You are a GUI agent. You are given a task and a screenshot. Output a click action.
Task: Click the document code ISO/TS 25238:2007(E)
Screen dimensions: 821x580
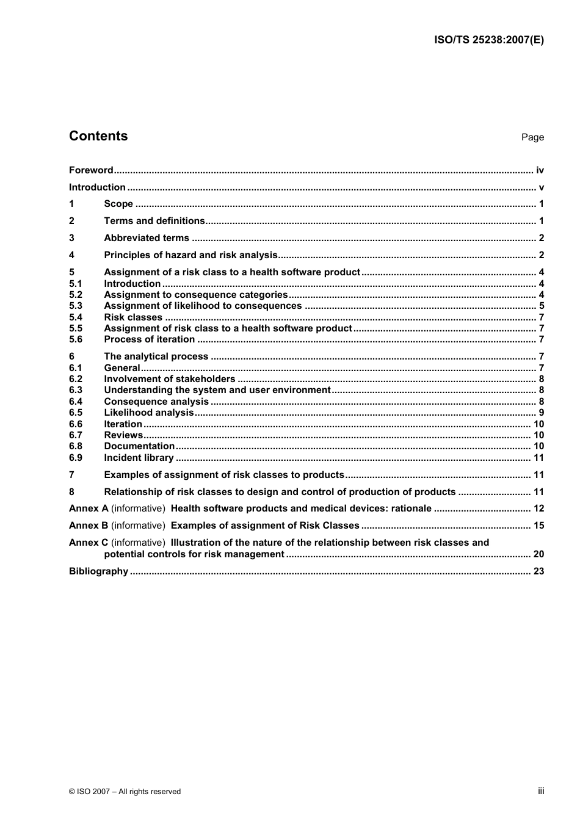488,40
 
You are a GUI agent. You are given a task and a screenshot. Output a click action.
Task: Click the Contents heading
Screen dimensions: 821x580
98,136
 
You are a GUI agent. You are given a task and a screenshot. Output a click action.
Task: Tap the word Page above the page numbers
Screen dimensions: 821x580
532,137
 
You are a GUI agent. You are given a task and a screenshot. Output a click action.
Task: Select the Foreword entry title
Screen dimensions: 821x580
91,170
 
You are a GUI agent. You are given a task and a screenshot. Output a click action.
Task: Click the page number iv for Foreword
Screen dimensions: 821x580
540,170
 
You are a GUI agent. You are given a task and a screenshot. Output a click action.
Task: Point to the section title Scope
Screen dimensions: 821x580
118,204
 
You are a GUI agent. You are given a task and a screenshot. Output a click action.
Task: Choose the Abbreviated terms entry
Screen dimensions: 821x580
147,238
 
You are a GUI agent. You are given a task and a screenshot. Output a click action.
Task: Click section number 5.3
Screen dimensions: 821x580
75,306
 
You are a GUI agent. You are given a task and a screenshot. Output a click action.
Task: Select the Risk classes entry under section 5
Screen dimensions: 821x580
133,317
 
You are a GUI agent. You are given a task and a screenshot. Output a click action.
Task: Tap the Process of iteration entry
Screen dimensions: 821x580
150,339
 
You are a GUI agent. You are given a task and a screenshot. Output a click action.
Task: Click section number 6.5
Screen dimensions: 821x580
75,413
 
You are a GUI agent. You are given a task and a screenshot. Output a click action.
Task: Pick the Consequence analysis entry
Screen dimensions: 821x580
156,402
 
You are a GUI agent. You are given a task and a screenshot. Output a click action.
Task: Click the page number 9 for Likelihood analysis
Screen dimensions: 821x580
542,413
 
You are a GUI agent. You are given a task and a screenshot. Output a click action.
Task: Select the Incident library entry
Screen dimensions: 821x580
139,458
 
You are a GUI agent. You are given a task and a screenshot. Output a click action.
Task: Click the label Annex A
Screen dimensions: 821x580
89,508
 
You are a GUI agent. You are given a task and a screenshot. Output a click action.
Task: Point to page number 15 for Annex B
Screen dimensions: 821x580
538,526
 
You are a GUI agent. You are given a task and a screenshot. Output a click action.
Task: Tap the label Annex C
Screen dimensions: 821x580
89,543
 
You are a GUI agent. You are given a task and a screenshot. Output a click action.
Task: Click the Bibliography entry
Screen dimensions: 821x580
98,571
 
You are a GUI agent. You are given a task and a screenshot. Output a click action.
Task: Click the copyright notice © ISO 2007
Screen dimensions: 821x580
125,792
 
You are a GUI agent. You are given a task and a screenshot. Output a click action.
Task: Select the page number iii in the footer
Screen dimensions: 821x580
541,791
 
